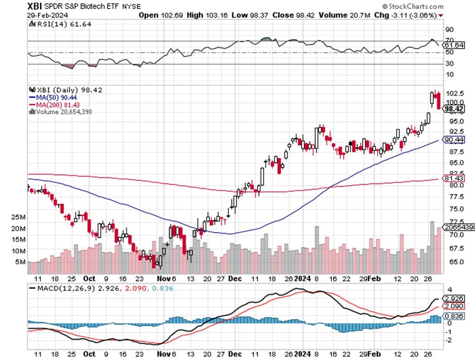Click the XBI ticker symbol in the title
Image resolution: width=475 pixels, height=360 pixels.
pos(35,6)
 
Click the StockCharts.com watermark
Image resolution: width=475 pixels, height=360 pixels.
pos(412,6)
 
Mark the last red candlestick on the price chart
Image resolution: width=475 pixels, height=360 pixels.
pos(439,101)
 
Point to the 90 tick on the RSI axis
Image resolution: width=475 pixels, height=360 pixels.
pos(450,29)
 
